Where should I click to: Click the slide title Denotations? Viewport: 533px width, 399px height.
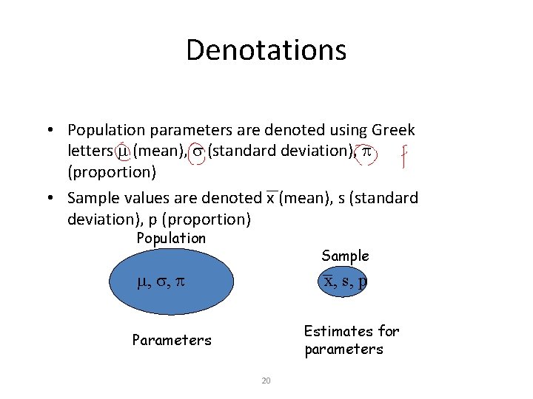(266, 50)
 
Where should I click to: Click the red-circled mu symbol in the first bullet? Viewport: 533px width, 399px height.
(124, 151)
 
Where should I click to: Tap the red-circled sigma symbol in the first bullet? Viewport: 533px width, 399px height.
(197, 151)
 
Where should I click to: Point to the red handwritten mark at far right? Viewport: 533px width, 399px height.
(404, 155)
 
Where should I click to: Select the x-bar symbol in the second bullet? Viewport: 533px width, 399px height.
(270, 198)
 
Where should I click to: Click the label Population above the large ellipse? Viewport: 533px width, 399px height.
(171, 238)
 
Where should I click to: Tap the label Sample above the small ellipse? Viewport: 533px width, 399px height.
(345, 256)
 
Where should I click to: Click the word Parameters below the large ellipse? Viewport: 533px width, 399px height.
(171, 341)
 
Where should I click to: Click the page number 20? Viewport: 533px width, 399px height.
(266, 381)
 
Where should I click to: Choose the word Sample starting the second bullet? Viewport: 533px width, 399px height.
(93, 198)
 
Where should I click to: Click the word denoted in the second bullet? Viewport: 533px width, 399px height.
(234, 198)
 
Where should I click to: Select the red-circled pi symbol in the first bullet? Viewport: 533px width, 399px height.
(366, 151)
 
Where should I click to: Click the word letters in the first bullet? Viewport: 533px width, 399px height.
(90, 151)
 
